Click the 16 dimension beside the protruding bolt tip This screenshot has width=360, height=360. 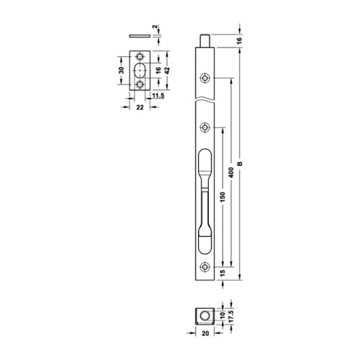[240, 42]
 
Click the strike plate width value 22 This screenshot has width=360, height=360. [140, 106]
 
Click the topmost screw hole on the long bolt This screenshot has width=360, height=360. [207, 78]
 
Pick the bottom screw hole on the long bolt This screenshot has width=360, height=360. [207, 267]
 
